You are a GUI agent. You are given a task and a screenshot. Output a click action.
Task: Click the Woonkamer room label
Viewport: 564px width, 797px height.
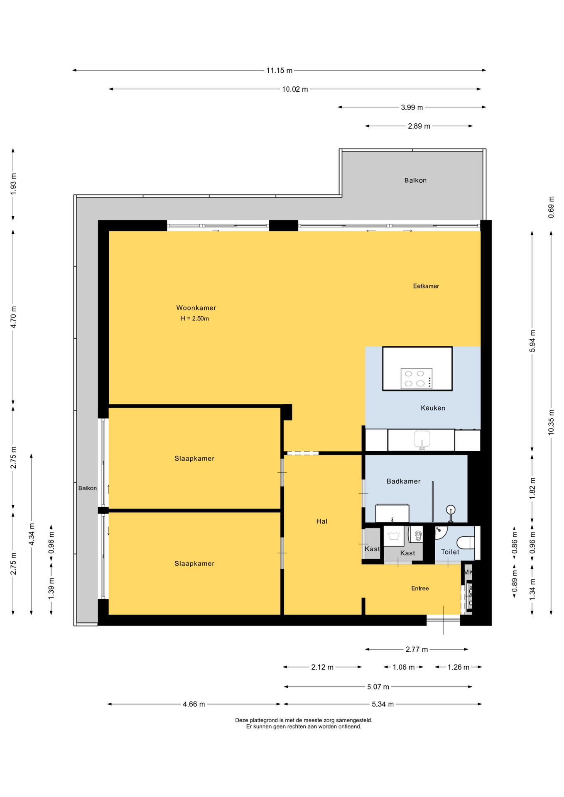point(196,308)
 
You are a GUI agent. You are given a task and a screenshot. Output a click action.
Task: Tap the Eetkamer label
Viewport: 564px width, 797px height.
point(426,286)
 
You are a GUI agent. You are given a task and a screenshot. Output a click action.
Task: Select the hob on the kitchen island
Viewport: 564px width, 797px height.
point(417,378)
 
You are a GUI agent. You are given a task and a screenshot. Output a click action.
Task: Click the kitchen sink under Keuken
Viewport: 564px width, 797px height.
point(422,439)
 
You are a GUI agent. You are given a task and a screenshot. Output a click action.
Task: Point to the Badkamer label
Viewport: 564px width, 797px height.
point(403,481)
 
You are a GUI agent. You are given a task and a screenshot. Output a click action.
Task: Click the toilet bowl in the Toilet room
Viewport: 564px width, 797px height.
point(466,542)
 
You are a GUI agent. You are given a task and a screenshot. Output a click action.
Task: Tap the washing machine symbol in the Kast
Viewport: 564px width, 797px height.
point(394,536)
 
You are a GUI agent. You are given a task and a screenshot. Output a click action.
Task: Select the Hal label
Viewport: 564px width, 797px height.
point(322,521)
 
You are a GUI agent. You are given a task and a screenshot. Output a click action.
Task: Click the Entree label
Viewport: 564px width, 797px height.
point(420,588)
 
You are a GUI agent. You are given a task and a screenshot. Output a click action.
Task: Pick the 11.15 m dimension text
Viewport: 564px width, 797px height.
point(279,71)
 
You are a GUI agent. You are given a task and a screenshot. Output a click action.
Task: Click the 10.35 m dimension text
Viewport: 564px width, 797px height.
point(551,422)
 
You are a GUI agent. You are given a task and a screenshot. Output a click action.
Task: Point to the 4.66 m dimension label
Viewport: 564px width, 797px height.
point(194,704)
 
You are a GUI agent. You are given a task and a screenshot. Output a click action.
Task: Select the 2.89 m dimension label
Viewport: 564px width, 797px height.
point(419,126)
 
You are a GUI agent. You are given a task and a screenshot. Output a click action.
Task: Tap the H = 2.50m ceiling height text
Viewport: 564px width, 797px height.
point(195,318)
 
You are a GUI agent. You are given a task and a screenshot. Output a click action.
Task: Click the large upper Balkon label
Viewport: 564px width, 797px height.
point(415,180)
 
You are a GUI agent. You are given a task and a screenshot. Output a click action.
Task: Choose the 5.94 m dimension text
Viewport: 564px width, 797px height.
point(532,341)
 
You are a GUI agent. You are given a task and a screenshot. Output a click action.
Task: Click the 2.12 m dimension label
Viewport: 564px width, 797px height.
point(322,667)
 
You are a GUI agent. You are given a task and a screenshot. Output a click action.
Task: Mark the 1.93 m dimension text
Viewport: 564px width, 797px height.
point(13,183)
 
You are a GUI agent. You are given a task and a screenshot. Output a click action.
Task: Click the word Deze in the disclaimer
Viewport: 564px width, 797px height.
point(242,720)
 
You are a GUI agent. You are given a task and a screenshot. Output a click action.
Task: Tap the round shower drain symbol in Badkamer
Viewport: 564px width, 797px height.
point(451,509)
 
